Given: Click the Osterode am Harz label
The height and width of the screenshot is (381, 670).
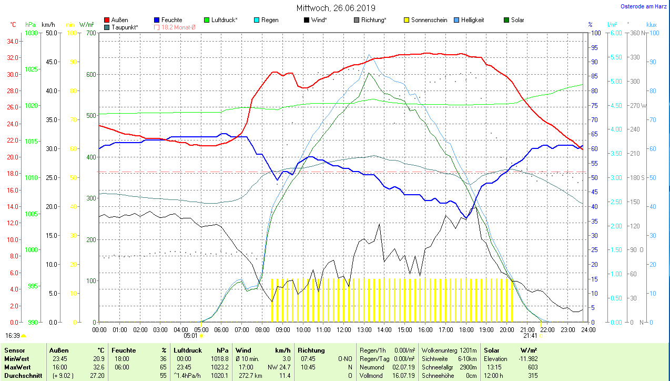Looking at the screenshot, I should click(x=644, y=6).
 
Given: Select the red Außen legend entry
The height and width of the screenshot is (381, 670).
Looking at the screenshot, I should click(x=119, y=20).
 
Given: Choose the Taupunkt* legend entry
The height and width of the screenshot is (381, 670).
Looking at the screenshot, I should click(x=124, y=27).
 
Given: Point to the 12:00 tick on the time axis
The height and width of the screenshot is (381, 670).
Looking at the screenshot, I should click(x=343, y=330).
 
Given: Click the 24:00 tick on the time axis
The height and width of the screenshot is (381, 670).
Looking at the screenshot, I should click(x=588, y=330).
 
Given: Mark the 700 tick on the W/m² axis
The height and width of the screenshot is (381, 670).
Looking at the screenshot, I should click(x=91, y=33).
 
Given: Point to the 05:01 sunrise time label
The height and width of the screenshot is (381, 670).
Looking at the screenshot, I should click(x=190, y=335).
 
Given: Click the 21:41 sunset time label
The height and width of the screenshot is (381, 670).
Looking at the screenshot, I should click(x=530, y=335).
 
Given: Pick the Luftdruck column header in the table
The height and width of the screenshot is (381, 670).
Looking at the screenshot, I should click(x=188, y=350).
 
